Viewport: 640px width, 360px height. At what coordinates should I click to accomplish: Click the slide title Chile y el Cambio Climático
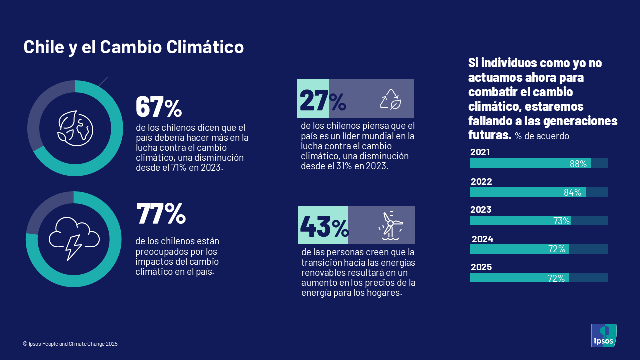pyautogui.click(x=134, y=47)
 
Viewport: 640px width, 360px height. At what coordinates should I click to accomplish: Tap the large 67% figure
pyautogui.click(x=159, y=106)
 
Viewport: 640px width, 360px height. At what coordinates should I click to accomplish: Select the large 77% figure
pyautogui.click(x=161, y=213)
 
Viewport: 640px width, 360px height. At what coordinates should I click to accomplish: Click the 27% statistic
pyautogui.click(x=323, y=101)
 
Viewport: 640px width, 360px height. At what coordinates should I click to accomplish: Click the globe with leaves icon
pyautogui.click(x=75, y=128)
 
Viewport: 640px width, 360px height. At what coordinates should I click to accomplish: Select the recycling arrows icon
pyautogui.click(x=390, y=99)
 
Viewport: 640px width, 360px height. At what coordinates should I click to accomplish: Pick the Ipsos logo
pyautogui.click(x=604, y=335)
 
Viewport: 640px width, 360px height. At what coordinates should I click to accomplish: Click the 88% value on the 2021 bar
pyautogui.click(x=578, y=164)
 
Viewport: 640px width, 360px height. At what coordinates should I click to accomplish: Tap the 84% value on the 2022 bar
pyautogui.click(x=572, y=193)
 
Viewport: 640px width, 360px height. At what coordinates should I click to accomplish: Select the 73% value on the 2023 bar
pyautogui.click(x=561, y=221)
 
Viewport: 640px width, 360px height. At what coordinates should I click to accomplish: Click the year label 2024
pyautogui.click(x=482, y=239)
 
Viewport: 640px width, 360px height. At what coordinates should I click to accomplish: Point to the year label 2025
pyautogui.click(x=481, y=267)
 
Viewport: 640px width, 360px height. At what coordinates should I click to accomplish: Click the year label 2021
pyautogui.click(x=480, y=152)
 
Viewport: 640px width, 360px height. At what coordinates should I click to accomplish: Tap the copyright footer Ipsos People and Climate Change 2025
pyautogui.click(x=70, y=344)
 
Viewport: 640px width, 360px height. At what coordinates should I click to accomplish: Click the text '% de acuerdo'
pyautogui.click(x=542, y=136)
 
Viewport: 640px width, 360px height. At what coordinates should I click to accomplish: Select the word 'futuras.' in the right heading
pyautogui.click(x=490, y=135)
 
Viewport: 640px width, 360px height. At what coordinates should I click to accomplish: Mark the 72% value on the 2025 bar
pyautogui.click(x=556, y=279)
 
